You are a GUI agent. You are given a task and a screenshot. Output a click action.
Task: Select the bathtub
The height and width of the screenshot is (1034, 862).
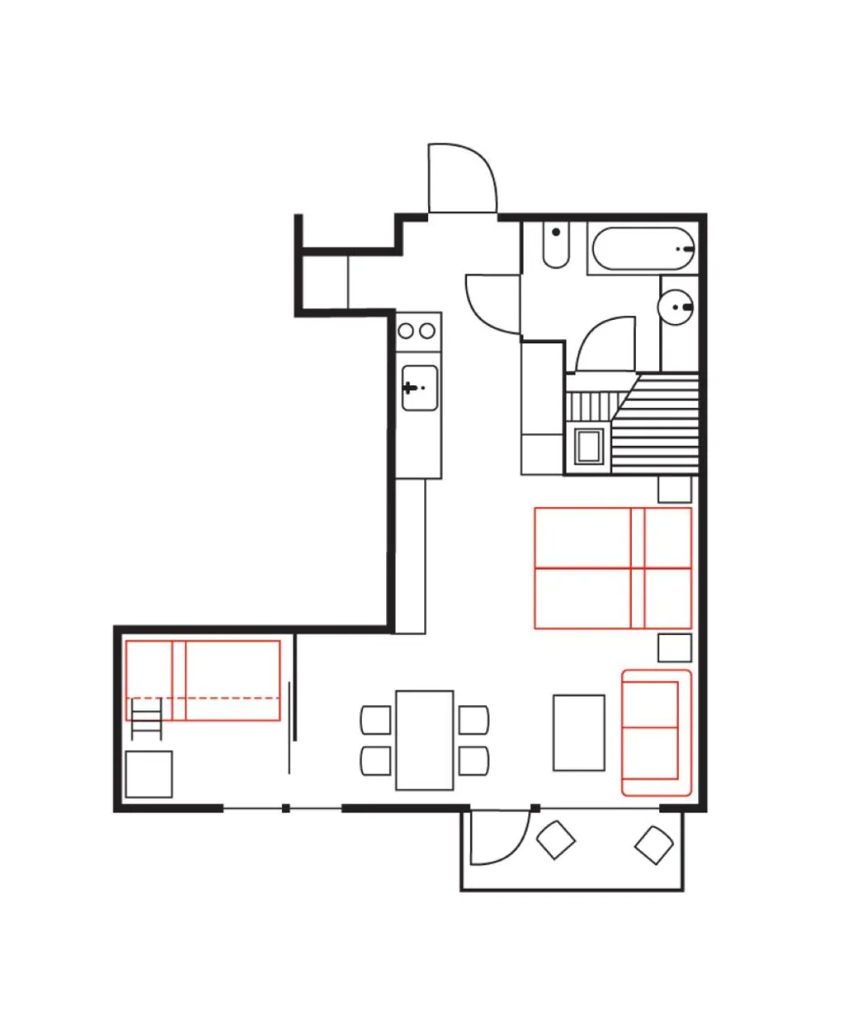(644, 250)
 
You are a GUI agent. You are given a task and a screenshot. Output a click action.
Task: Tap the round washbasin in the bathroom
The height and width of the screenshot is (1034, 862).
(677, 306)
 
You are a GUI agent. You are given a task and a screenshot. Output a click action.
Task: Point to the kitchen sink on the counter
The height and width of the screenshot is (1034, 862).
(419, 388)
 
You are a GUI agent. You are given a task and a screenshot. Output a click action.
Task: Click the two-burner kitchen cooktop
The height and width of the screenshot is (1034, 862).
(418, 330)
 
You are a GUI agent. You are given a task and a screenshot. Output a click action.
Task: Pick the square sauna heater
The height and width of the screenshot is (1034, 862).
(588, 445)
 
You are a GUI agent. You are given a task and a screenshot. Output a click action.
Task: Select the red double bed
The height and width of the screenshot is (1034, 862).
(612, 568)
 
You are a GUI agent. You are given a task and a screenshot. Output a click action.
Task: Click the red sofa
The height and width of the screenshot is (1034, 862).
(656, 732)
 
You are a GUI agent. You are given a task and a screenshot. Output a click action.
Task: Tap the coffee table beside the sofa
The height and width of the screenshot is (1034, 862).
(578, 733)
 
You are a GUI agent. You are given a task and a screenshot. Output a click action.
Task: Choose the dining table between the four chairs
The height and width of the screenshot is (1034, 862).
(424, 740)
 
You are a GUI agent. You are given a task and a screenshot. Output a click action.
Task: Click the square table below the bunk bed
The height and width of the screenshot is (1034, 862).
(149, 774)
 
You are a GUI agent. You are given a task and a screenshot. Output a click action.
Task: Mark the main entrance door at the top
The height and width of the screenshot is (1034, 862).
(461, 178)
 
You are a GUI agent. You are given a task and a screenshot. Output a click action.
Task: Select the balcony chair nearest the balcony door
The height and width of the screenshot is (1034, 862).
(556, 840)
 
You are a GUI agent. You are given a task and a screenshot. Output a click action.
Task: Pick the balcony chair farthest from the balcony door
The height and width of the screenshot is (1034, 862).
(654, 845)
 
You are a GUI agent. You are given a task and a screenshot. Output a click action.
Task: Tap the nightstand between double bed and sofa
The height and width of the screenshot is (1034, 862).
(675, 648)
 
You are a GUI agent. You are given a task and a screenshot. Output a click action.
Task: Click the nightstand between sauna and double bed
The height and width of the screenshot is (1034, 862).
(675, 489)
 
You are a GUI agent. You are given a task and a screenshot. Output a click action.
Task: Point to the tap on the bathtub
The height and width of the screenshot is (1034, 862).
(686, 249)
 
